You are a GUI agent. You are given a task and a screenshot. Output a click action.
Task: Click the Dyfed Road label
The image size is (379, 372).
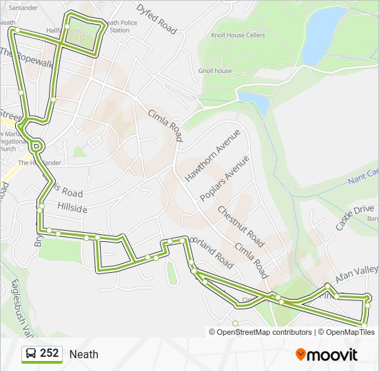156,19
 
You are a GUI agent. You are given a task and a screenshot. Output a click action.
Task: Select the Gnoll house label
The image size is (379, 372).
214,71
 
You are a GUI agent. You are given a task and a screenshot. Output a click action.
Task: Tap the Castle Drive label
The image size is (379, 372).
354,217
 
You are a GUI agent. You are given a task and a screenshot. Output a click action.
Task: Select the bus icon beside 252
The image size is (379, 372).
30,354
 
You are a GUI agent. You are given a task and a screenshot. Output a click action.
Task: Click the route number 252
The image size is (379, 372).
50,353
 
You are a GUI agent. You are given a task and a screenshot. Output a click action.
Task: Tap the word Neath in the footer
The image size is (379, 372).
83,354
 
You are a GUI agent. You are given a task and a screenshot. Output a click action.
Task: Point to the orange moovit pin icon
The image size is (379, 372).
300,355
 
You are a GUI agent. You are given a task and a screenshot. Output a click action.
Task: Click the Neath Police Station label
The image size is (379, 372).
117,26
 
